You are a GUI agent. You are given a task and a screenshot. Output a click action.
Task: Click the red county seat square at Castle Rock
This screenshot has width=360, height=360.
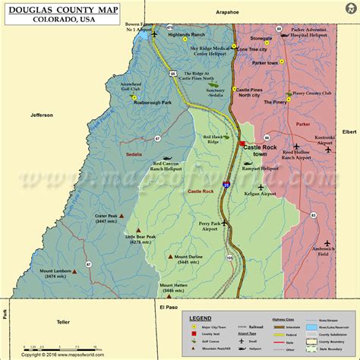242,143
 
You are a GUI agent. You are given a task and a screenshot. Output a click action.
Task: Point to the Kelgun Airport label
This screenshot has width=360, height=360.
257,195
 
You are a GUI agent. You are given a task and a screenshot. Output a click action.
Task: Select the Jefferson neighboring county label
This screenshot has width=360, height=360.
42,115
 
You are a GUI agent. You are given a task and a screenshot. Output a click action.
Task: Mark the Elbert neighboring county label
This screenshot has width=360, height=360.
349,131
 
